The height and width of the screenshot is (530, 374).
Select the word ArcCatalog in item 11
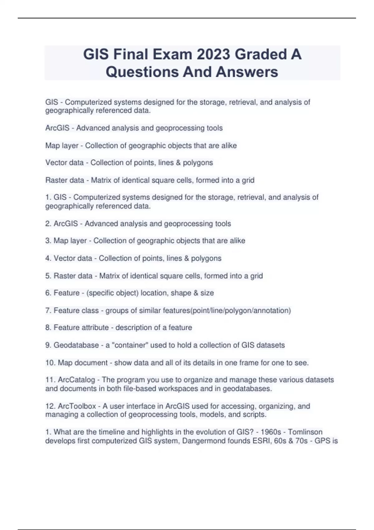[x=76, y=380]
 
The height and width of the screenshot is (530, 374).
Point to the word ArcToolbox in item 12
[x=77, y=406]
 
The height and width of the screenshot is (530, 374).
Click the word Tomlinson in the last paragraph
[x=305, y=432]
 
